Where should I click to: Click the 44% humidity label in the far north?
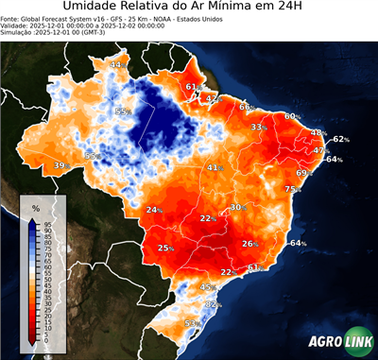[x=118, y=64]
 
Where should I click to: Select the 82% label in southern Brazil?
[x=213, y=304]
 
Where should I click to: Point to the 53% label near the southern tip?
[x=191, y=324]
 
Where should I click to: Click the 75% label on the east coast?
[x=292, y=189]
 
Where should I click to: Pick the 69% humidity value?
[x=304, y=173]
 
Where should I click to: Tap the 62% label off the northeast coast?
[x=340, y=139]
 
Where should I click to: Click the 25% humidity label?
[x=165, y=248]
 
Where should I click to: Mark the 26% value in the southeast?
[x=249, y=243]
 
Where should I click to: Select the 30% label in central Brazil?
[x=238, y=207]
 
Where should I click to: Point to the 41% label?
[x=215, y=167]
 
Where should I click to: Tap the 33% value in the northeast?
[x=257, y=127]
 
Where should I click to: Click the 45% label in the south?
[x=209, y=285]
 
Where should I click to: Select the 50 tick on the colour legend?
[x=47, y=281]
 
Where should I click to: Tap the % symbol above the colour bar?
[x=35, y=207]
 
